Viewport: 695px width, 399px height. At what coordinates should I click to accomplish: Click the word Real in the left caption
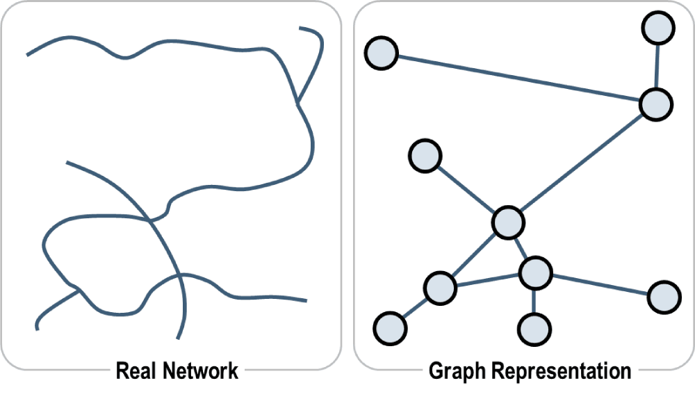(x=136, y=370)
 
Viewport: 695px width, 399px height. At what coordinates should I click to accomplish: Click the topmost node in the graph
(x=658, y=28)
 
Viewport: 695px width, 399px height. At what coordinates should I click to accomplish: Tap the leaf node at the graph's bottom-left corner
(x=390, y=327)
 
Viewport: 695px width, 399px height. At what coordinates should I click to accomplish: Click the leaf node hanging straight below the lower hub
(x=534, y=327)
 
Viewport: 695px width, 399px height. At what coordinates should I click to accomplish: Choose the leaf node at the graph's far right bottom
(x=664, y=298)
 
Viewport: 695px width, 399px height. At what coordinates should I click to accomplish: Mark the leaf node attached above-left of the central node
(x=425, y=156)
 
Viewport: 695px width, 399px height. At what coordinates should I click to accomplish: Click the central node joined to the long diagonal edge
(x=507, y=222)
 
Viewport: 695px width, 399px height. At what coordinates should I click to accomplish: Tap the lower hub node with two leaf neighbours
(x=534, y=272)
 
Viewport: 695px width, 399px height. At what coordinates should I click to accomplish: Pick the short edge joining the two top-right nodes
(x=657, y=67)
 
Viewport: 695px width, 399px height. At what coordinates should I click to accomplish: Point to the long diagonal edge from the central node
(x=581, y=163)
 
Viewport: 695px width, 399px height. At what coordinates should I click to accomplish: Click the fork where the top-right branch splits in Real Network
(x=297, y=104)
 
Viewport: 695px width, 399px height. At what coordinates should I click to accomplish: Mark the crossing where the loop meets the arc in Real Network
(x=152, y=221)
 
